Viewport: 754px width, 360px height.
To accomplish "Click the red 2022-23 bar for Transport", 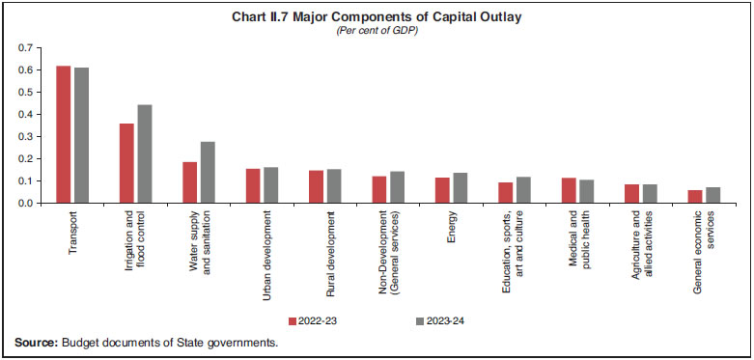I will pyautogui.click(x=63, y=134).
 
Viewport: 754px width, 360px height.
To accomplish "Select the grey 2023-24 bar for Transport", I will pyautogui.click(x=81, y=135).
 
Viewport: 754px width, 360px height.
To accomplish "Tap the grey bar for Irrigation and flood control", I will pyautogui.click(x=144, y=153).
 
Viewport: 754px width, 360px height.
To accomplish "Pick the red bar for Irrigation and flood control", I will pyautogui.click(x=126, y=163).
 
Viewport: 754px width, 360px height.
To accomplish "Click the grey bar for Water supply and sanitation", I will pyautogui.click(x=208, y=173).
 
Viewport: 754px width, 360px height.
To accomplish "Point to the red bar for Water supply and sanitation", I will pyautogui.click(x=189, y=182).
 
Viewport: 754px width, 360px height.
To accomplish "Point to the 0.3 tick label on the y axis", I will pyautogui.click(x=25, y=137).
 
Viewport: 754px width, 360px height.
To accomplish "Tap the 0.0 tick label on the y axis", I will pyautogui.click(x=25, y=204).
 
